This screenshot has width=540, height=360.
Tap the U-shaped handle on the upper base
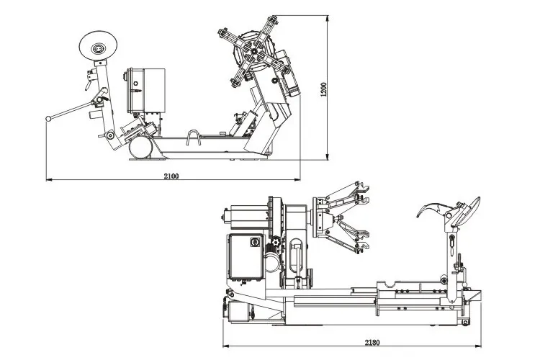[194, 138]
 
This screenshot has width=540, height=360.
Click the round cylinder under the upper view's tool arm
[140, 148]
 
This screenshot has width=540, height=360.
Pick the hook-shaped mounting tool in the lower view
[434, 210]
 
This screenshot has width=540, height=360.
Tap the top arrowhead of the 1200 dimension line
[329, 17]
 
